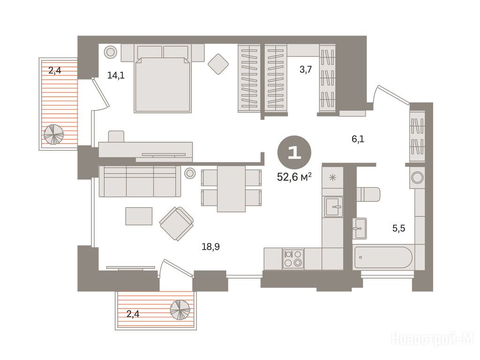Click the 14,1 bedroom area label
click(116, 75)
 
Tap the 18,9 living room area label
click(210, 247)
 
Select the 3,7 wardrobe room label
click(306, 69)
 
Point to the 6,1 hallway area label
click(358, 139)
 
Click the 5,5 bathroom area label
click(398, 228)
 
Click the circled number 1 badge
click(294, 152)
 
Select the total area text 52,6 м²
click(294, 177)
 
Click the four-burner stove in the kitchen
click(293, 259)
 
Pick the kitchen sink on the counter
click(333, 207)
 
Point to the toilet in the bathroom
click(368, 195)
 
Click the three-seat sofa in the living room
click(140, 182)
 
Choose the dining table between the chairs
click(232, 188)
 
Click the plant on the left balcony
click(54, 134)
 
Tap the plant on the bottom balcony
click(180, 310)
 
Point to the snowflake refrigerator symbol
click(332, 177)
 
